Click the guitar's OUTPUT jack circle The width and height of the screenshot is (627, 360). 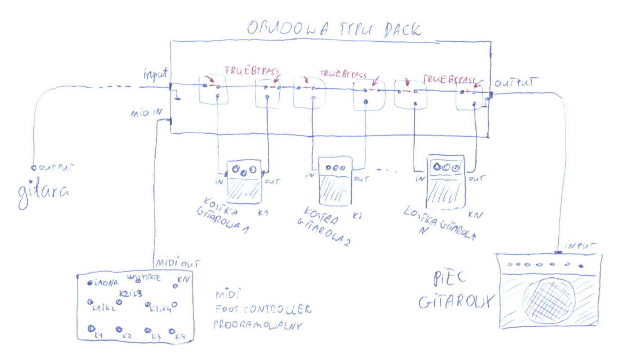click(x=33, y=167)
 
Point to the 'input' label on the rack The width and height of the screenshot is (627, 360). click(x=156, y=73)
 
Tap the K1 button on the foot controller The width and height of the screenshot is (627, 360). click(x=90, y=328)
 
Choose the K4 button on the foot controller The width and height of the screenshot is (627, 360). click(x=172, y=331)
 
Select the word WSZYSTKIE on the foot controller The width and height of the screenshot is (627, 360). click(x=144, y=277)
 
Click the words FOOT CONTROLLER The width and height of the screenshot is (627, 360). click(x=263, y=310)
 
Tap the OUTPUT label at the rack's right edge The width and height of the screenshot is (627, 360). click(x=515, y=83)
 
